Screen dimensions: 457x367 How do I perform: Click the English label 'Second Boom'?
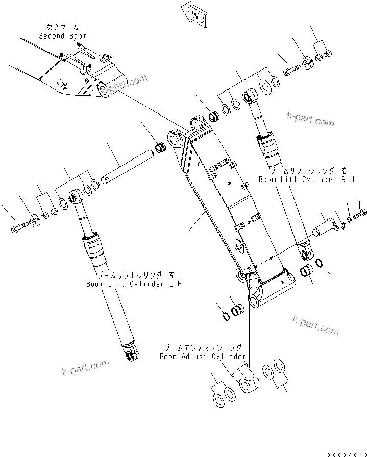click(x=63, y=36)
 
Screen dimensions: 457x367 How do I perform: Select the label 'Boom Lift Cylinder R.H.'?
click(x=306, y=179)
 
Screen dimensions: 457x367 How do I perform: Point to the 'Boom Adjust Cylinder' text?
click(x=203, y=356)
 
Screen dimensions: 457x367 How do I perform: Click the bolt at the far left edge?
click(x=16, y=226)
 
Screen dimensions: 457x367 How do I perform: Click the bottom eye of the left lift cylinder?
click(x=132, y=353)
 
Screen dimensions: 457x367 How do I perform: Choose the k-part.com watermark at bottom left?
click(x=85, y=367)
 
